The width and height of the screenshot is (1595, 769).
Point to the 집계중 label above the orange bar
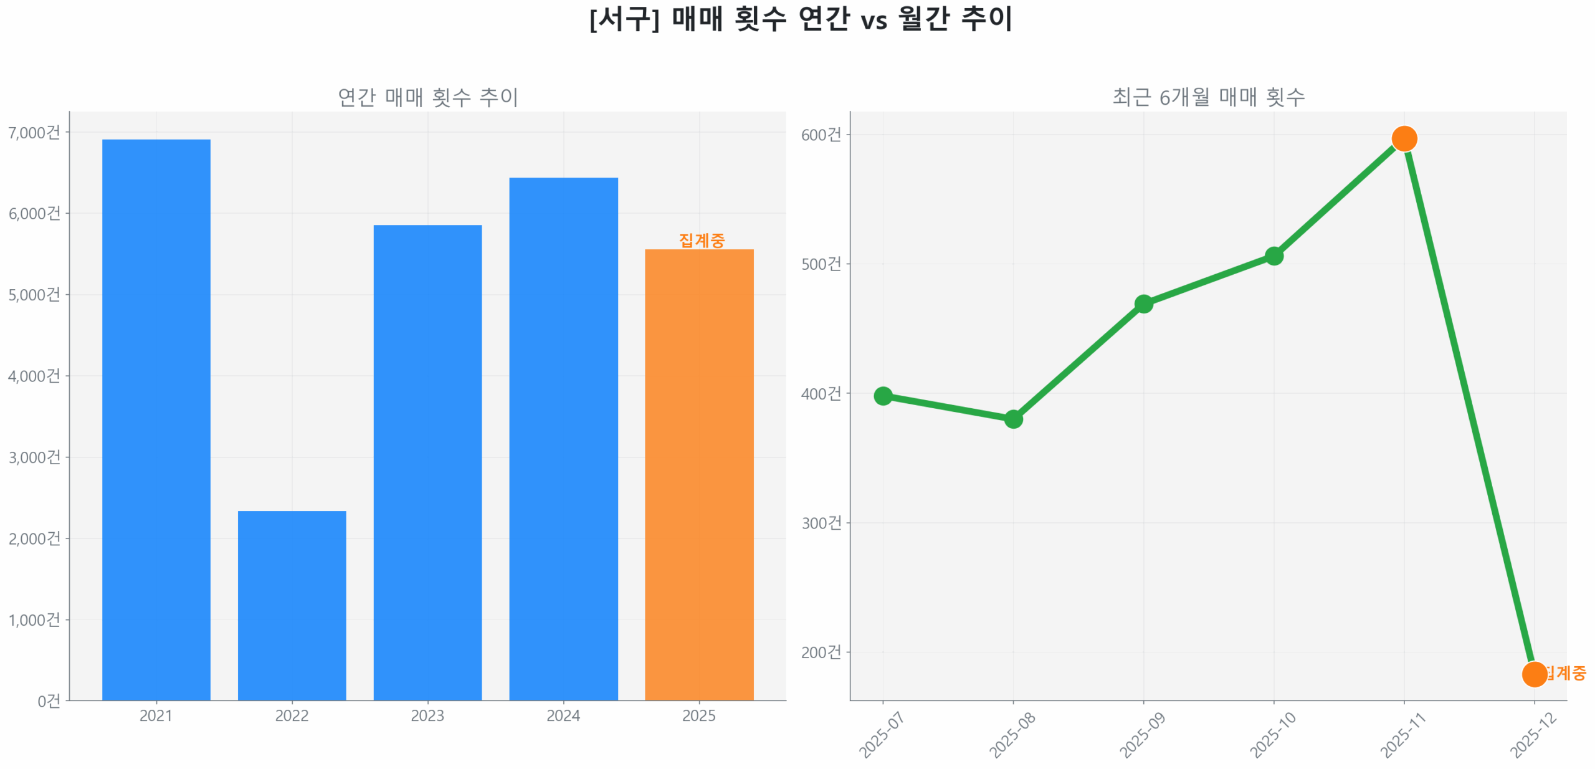(x=702, y=240)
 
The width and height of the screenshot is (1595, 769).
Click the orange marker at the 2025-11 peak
(x=1404, y=138)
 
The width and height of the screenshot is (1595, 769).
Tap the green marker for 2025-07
(x=882, y=395)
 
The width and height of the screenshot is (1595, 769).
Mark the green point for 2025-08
(x=1013, y=419)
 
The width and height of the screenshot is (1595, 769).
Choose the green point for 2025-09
(x=1143, y=303)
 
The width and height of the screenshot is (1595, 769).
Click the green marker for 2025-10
(x=1274, y=256)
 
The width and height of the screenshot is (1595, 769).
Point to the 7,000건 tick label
(x=34, y=132)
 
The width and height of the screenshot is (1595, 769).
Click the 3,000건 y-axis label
(x=34, y=457)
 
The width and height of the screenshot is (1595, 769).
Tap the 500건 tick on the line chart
(x=821, y=264)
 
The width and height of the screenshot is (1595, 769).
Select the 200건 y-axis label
(x=821, y=652)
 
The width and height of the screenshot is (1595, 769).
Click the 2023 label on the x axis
(x=427, y=715)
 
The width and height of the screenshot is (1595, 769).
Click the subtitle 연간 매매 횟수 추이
(x=427, y=97)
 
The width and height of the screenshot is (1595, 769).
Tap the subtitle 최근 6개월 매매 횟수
(x=1208, y=97)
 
